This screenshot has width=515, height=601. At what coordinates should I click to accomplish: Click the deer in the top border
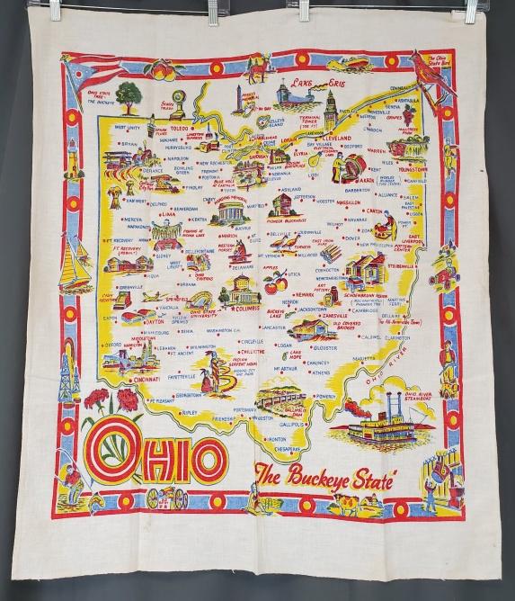(256, 66)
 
